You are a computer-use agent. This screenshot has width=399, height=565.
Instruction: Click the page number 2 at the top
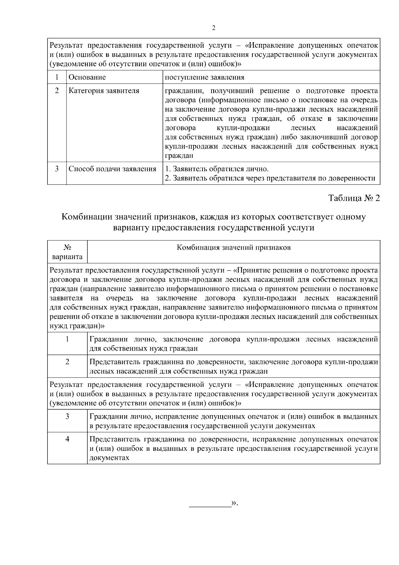point(213,28)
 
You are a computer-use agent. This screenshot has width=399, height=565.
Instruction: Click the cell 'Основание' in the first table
point(87,77)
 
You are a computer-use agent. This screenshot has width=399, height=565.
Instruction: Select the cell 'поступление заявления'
point(204,77)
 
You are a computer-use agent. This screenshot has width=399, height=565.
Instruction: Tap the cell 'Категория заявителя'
point(104,91)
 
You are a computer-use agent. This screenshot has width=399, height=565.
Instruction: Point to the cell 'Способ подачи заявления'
point(112,169)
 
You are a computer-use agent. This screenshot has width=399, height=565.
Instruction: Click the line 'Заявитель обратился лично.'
point(217,169)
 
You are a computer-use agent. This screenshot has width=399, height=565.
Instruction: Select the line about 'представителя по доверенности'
point(270,178)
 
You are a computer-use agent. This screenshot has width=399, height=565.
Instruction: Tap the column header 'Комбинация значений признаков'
point(233,247)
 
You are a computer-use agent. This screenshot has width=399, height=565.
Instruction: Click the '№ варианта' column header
point(67,252)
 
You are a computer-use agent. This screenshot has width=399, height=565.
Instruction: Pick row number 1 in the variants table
point(67,339)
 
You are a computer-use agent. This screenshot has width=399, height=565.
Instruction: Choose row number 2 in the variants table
point(67,362)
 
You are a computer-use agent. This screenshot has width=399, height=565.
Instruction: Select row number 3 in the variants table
point(67,416)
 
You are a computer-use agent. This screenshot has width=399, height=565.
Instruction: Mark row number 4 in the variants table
point(67,439)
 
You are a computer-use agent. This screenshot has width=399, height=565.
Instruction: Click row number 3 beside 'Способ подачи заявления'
point(57,169)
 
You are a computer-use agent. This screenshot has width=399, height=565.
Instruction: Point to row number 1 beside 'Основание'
point(57,77)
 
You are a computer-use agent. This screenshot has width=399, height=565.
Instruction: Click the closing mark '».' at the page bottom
point(235,503)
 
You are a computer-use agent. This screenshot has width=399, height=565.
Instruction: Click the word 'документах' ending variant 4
point(109,458)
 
